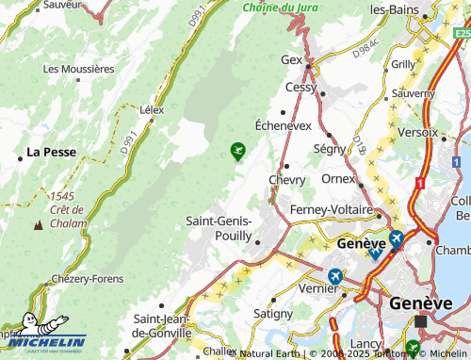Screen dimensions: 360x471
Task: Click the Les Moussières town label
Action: (x=79, y=69)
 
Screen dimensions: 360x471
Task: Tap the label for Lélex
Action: (x=151, y=110)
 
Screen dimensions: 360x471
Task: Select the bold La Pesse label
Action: (x=51, y=151)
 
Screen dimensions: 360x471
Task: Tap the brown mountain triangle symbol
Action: (x=38, y=225)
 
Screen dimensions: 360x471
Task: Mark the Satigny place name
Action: (x=273, y=313)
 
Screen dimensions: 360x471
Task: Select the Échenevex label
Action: (x=284, y=125)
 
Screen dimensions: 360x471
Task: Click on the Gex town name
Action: (x=292, y=59)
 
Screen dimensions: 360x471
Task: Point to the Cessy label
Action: (x=301, y=87)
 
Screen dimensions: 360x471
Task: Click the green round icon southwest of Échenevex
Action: (x=237, y=149)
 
